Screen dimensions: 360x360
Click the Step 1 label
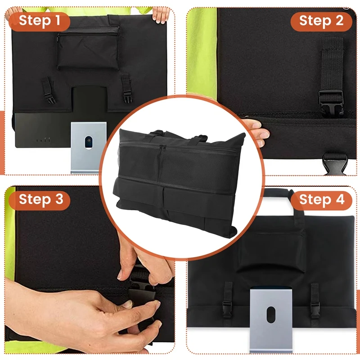point(39,21)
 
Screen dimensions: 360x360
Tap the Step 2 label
point(321,22)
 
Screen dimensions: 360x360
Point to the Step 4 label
point(321,200)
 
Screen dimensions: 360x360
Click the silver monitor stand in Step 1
point(89,148)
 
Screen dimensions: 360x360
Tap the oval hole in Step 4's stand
point(271,315)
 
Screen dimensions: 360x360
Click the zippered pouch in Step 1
point(88,48)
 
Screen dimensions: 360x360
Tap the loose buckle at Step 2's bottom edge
point(334,164)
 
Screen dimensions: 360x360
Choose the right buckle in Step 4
point(315,308)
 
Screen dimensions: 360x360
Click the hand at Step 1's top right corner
point(161,15)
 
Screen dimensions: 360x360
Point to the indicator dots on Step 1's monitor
point(43,139)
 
